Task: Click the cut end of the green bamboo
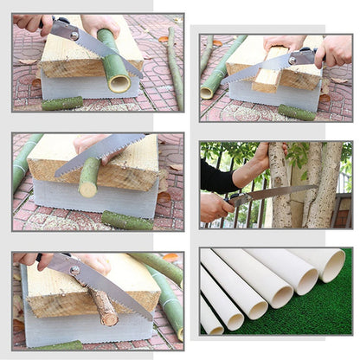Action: click(119, 84)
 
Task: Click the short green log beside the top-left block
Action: click(63, 103)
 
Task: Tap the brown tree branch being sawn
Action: click(104, 306)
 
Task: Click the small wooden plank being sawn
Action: click(269, 81)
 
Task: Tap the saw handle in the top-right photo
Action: click(302, 58)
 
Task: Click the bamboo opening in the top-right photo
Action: click(206, 91)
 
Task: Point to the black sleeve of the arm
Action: click(217, 177)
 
